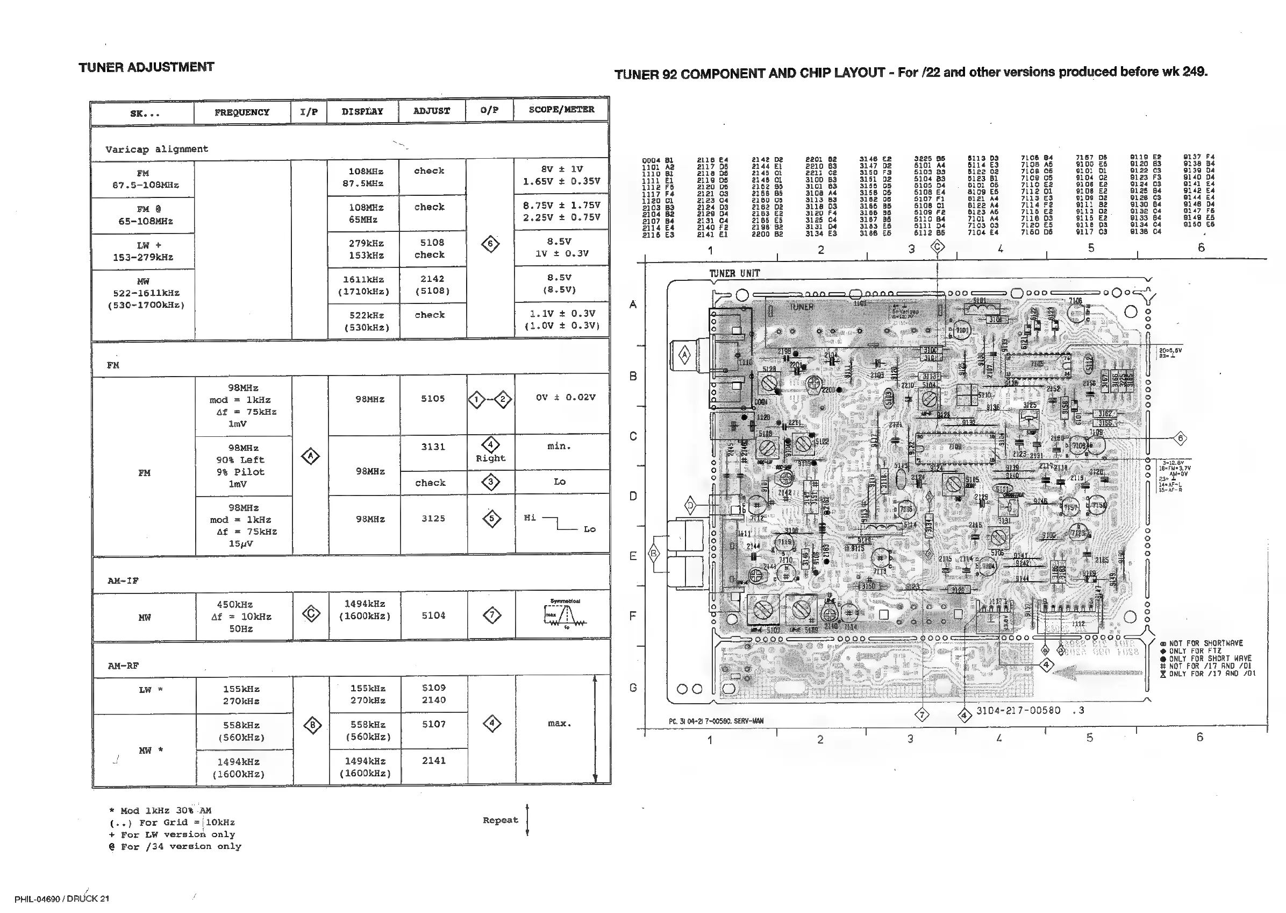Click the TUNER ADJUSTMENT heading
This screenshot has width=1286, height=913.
(146, 67)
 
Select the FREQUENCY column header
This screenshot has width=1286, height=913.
(241, 112)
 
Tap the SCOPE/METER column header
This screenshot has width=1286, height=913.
(561, 110)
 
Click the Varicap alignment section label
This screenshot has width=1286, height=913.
(157, 150)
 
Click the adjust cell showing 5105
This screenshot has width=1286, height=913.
(433, 399)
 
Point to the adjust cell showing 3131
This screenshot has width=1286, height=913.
(433, 447)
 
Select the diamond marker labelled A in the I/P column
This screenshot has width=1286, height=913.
(310, 456)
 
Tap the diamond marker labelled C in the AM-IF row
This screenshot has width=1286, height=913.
(311, 614)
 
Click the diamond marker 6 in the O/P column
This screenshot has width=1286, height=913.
(490, 244)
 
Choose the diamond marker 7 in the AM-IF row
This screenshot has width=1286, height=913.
(491, 615)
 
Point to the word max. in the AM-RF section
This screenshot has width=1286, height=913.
(559, 724)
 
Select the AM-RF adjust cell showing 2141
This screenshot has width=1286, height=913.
(433, 761)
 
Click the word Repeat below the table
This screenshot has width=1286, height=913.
(500, 820)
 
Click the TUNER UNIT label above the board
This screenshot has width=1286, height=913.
(734, 274)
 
